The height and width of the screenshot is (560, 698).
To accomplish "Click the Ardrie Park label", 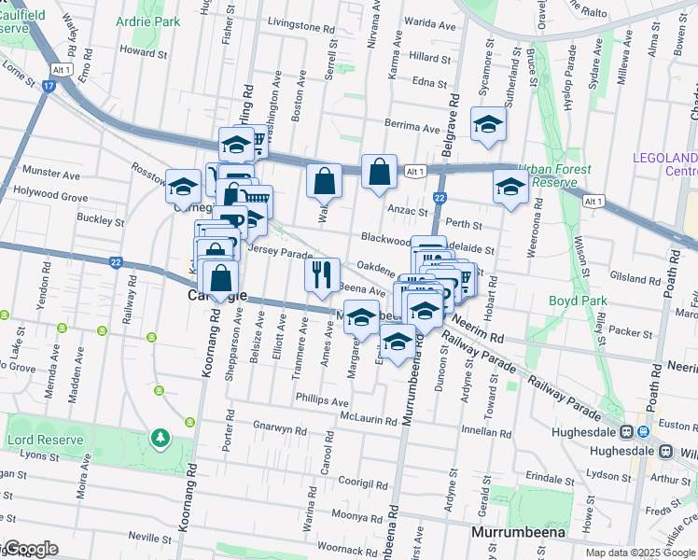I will [149, 20].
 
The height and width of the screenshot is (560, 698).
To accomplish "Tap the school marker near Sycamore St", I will [488, 126].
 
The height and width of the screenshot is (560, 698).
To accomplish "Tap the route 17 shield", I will [48, 87].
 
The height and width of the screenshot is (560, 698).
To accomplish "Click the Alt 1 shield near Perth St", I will [591, 201].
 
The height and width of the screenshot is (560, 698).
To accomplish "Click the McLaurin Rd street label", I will [370, 418].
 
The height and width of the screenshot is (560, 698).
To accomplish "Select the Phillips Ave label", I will [321, 401].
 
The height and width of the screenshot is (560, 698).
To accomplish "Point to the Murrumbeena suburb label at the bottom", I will [519, 533].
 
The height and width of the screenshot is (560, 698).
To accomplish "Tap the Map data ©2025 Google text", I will [639, 553].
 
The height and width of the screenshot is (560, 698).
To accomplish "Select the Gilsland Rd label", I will [632, 279].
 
